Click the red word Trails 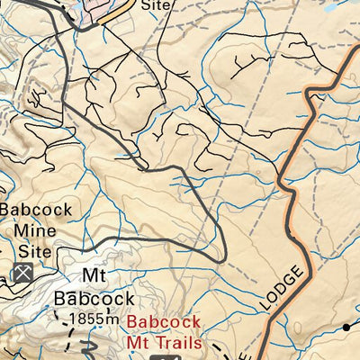pyautogui.click(x=184, y=342)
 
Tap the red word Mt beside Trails pyautogui.click(x=139, y=342)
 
